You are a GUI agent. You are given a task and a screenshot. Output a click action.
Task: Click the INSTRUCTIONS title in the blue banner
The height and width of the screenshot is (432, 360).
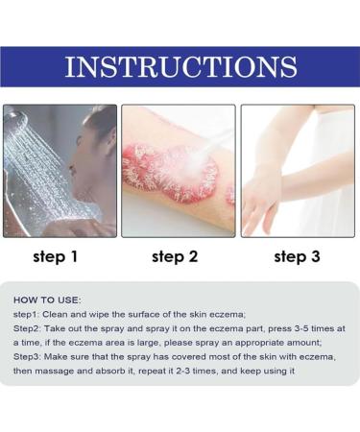pos(180,68)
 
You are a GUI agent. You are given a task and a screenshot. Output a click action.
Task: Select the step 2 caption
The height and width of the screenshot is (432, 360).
pos(178,256)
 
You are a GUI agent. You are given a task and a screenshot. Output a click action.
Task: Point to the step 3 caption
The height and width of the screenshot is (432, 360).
pos(297,256)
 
